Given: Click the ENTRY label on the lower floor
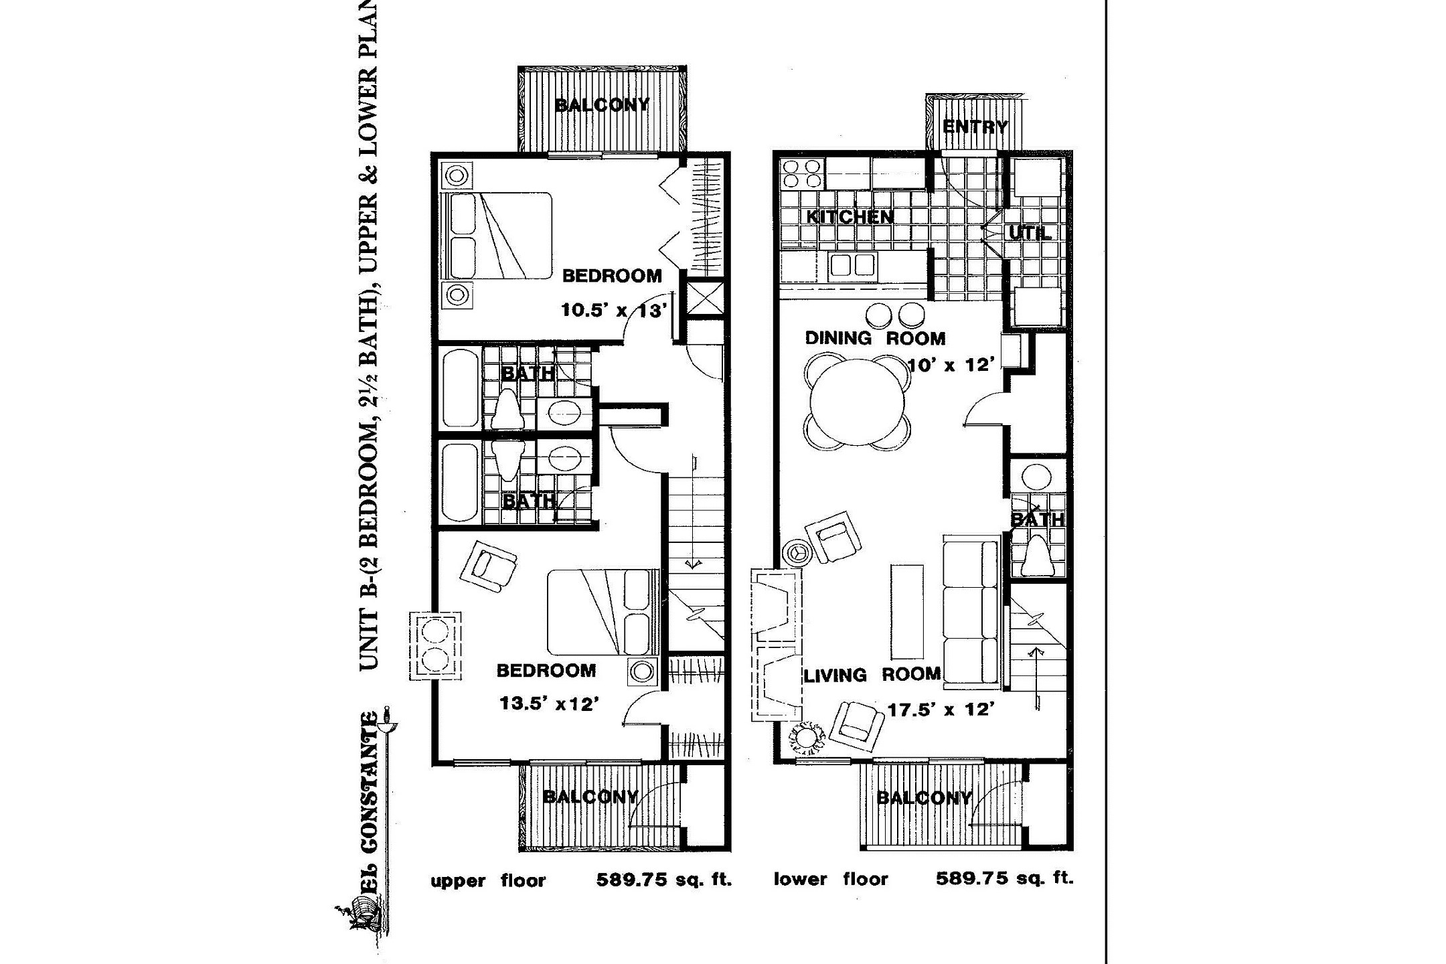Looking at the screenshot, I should point(975,127).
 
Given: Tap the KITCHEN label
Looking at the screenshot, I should point(850,217).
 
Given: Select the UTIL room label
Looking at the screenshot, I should point(1029,234).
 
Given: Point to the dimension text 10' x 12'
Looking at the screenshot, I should point(951,366).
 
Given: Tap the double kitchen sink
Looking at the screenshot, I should point(853,265).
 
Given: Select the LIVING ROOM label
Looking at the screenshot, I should point(872,675).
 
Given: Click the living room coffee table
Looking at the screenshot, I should point(906,612).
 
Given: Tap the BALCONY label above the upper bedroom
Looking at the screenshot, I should point(602,105).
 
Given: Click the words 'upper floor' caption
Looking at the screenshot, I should point(488,880).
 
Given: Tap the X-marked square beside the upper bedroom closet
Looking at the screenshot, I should point(706,298).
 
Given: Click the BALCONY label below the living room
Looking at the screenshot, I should point(924,798).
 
